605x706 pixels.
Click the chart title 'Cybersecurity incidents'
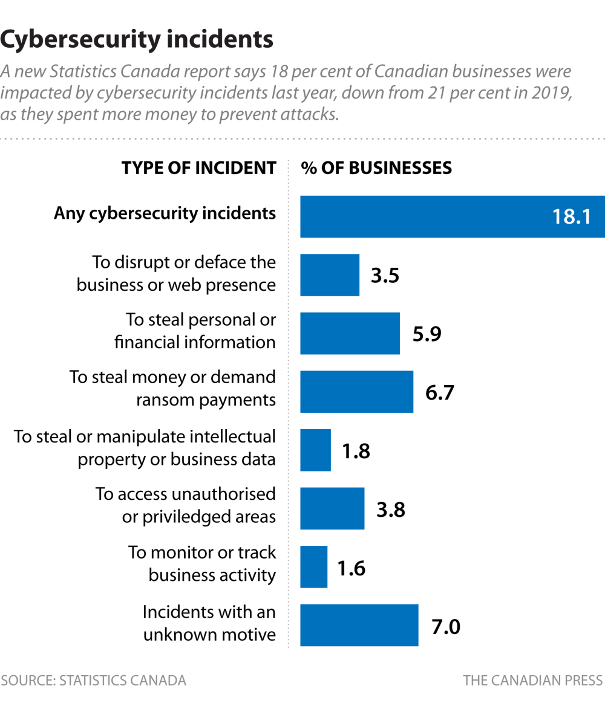[x=137, y=40]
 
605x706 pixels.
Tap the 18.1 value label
[x=571, y=216]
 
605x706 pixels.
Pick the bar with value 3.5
[x=330, y=275]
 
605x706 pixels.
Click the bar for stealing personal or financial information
[x=350, y=333]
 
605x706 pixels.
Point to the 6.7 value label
[x=439, y=392]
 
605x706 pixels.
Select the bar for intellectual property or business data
[x=315, y=450]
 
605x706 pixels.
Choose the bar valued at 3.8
[x=332, y=509]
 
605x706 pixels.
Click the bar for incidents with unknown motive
[x=359, y=626]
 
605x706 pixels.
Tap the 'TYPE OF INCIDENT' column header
[x=198, y=168]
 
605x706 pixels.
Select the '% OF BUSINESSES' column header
[x=376, y=168]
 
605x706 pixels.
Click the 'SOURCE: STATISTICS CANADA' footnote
[x=93, y=681]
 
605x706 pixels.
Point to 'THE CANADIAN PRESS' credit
[x=533, y=681]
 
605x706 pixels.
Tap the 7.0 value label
[x=446, y=627]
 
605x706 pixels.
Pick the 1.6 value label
[x=351, y=569]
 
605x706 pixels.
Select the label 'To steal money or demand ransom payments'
[x=172, y=389]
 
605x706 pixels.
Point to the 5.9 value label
[x=427, y=334]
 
